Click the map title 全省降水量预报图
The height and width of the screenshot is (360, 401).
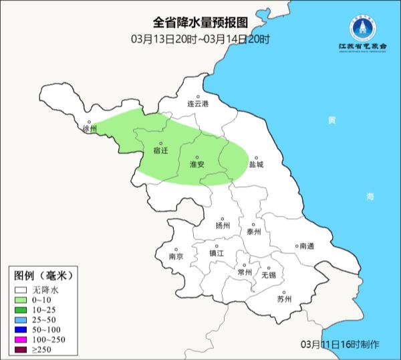coord(200,25)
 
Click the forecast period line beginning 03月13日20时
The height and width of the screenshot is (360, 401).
coord(200,39)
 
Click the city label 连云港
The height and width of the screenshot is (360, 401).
coord(198,104)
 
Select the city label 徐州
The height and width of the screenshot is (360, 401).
coord(90,128)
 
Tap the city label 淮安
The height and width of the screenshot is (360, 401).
coord(197,164)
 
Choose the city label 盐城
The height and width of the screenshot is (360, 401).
coord(256,164)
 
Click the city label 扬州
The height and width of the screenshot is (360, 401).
coord(223,226)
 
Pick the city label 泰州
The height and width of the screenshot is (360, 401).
coord(253,232)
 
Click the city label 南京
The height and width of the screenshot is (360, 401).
coord(176,256)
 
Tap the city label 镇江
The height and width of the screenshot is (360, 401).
coord(217,254)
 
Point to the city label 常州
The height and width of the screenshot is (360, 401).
coord(245,272)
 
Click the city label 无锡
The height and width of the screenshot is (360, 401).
coord(268,275)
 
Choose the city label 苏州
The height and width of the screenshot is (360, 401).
coord(284,299)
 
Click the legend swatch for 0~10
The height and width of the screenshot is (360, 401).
coord(21,300)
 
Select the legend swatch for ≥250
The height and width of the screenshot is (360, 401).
coord(21,351)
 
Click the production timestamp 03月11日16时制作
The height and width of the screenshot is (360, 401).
coord(340,344)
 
